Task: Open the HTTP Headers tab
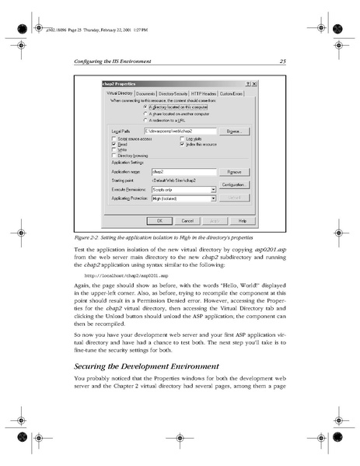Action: pos(206,93)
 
